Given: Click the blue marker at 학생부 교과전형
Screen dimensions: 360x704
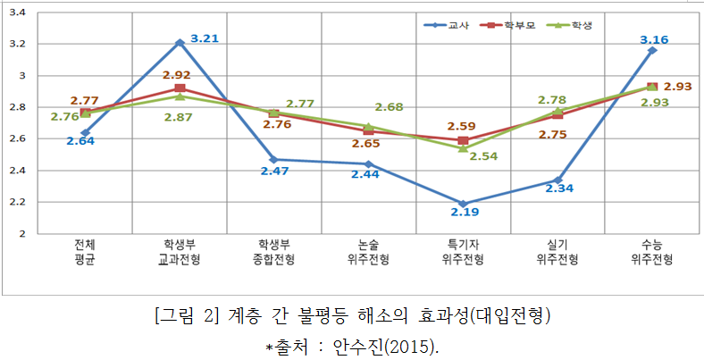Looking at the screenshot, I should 180,42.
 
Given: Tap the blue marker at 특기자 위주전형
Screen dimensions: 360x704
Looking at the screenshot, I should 463,204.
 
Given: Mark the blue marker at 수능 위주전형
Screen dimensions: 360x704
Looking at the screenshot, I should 651,50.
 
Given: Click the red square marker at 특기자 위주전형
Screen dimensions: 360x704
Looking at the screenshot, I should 463,140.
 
